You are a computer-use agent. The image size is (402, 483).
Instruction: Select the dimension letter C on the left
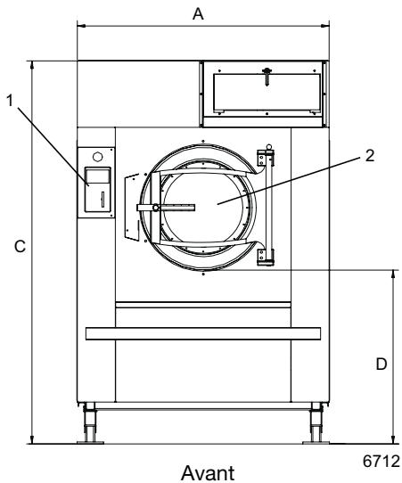tap(17, 250)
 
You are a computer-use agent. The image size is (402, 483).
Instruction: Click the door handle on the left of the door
tap(156, 209)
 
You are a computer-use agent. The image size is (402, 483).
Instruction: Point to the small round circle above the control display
tap(97, 156)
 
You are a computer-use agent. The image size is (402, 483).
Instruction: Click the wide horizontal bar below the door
tap(201, 333)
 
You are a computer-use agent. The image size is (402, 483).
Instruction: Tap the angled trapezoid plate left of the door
tap(133, 206)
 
